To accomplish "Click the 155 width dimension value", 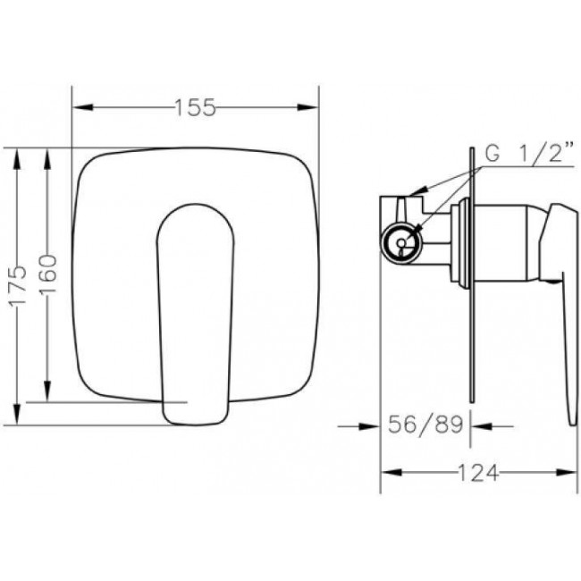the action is [x=195, y=107].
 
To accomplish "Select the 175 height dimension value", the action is [x=18, y=285].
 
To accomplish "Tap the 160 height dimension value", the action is [x=48, y=274].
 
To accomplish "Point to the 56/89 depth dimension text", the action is [x=425, y=425].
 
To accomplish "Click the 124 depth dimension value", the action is [x=478, y=473].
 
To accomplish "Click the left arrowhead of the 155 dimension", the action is [x=83, y=107].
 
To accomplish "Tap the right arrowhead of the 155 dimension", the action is [x=307, y=107].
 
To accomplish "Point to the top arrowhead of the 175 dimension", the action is [x=17, y=159].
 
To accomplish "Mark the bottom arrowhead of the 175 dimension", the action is [x=17, y=415].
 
